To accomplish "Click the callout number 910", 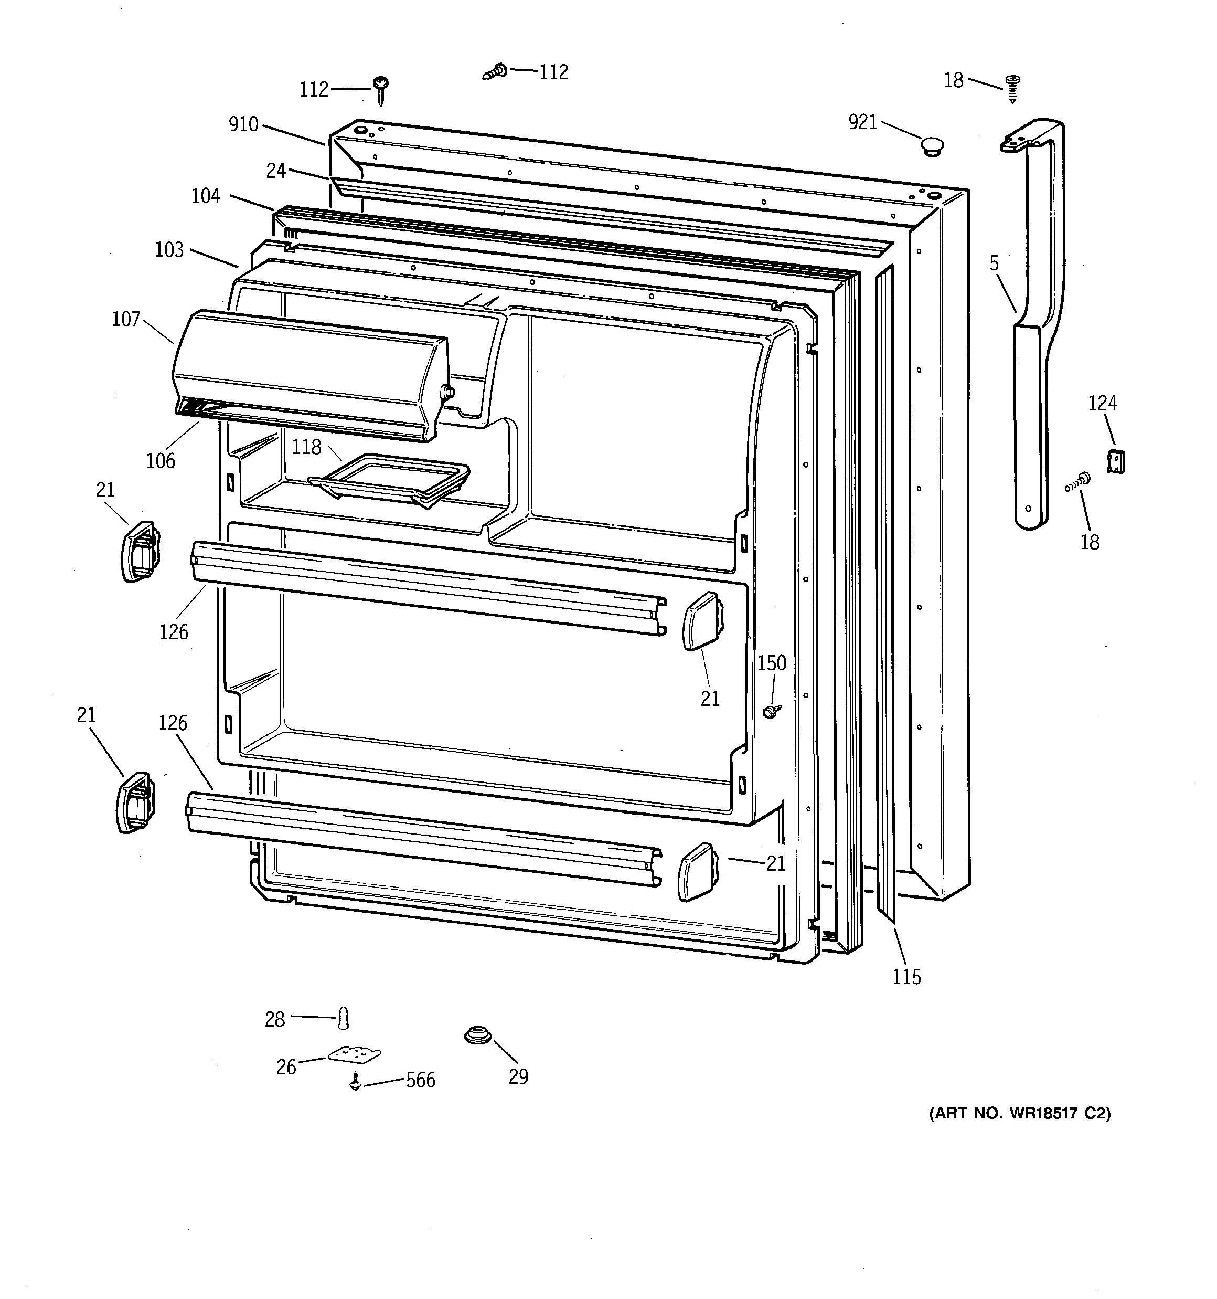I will [x=243, y=124].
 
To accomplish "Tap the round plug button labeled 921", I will [x=932, y=146].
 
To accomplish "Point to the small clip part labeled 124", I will [x=1116, y=461].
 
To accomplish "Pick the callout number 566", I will [x=420, y=1080].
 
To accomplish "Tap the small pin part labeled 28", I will [x=344, y=1017].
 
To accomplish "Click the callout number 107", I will [x=126, y=319].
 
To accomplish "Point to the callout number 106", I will [x=161, y=461].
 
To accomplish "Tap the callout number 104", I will [x=206, y=195].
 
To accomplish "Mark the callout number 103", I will [x=169, y=250].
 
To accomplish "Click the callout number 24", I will [x=276, y=171].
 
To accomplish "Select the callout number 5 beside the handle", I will [x=994, y=263].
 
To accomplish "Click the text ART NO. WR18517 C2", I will [x=1020, y=1113].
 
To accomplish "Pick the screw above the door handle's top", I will [x=1013, y=88].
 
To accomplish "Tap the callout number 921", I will [x=862, y=122].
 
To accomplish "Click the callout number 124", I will [x=1102, y=403].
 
